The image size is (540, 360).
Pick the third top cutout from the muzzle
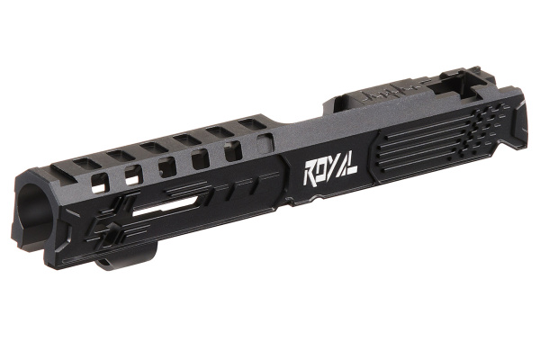point(151,146)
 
